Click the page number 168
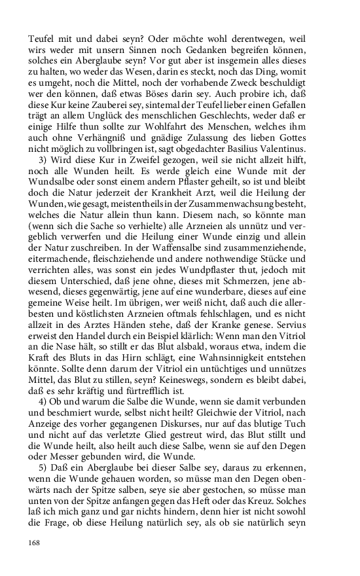(x=34, y=543)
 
